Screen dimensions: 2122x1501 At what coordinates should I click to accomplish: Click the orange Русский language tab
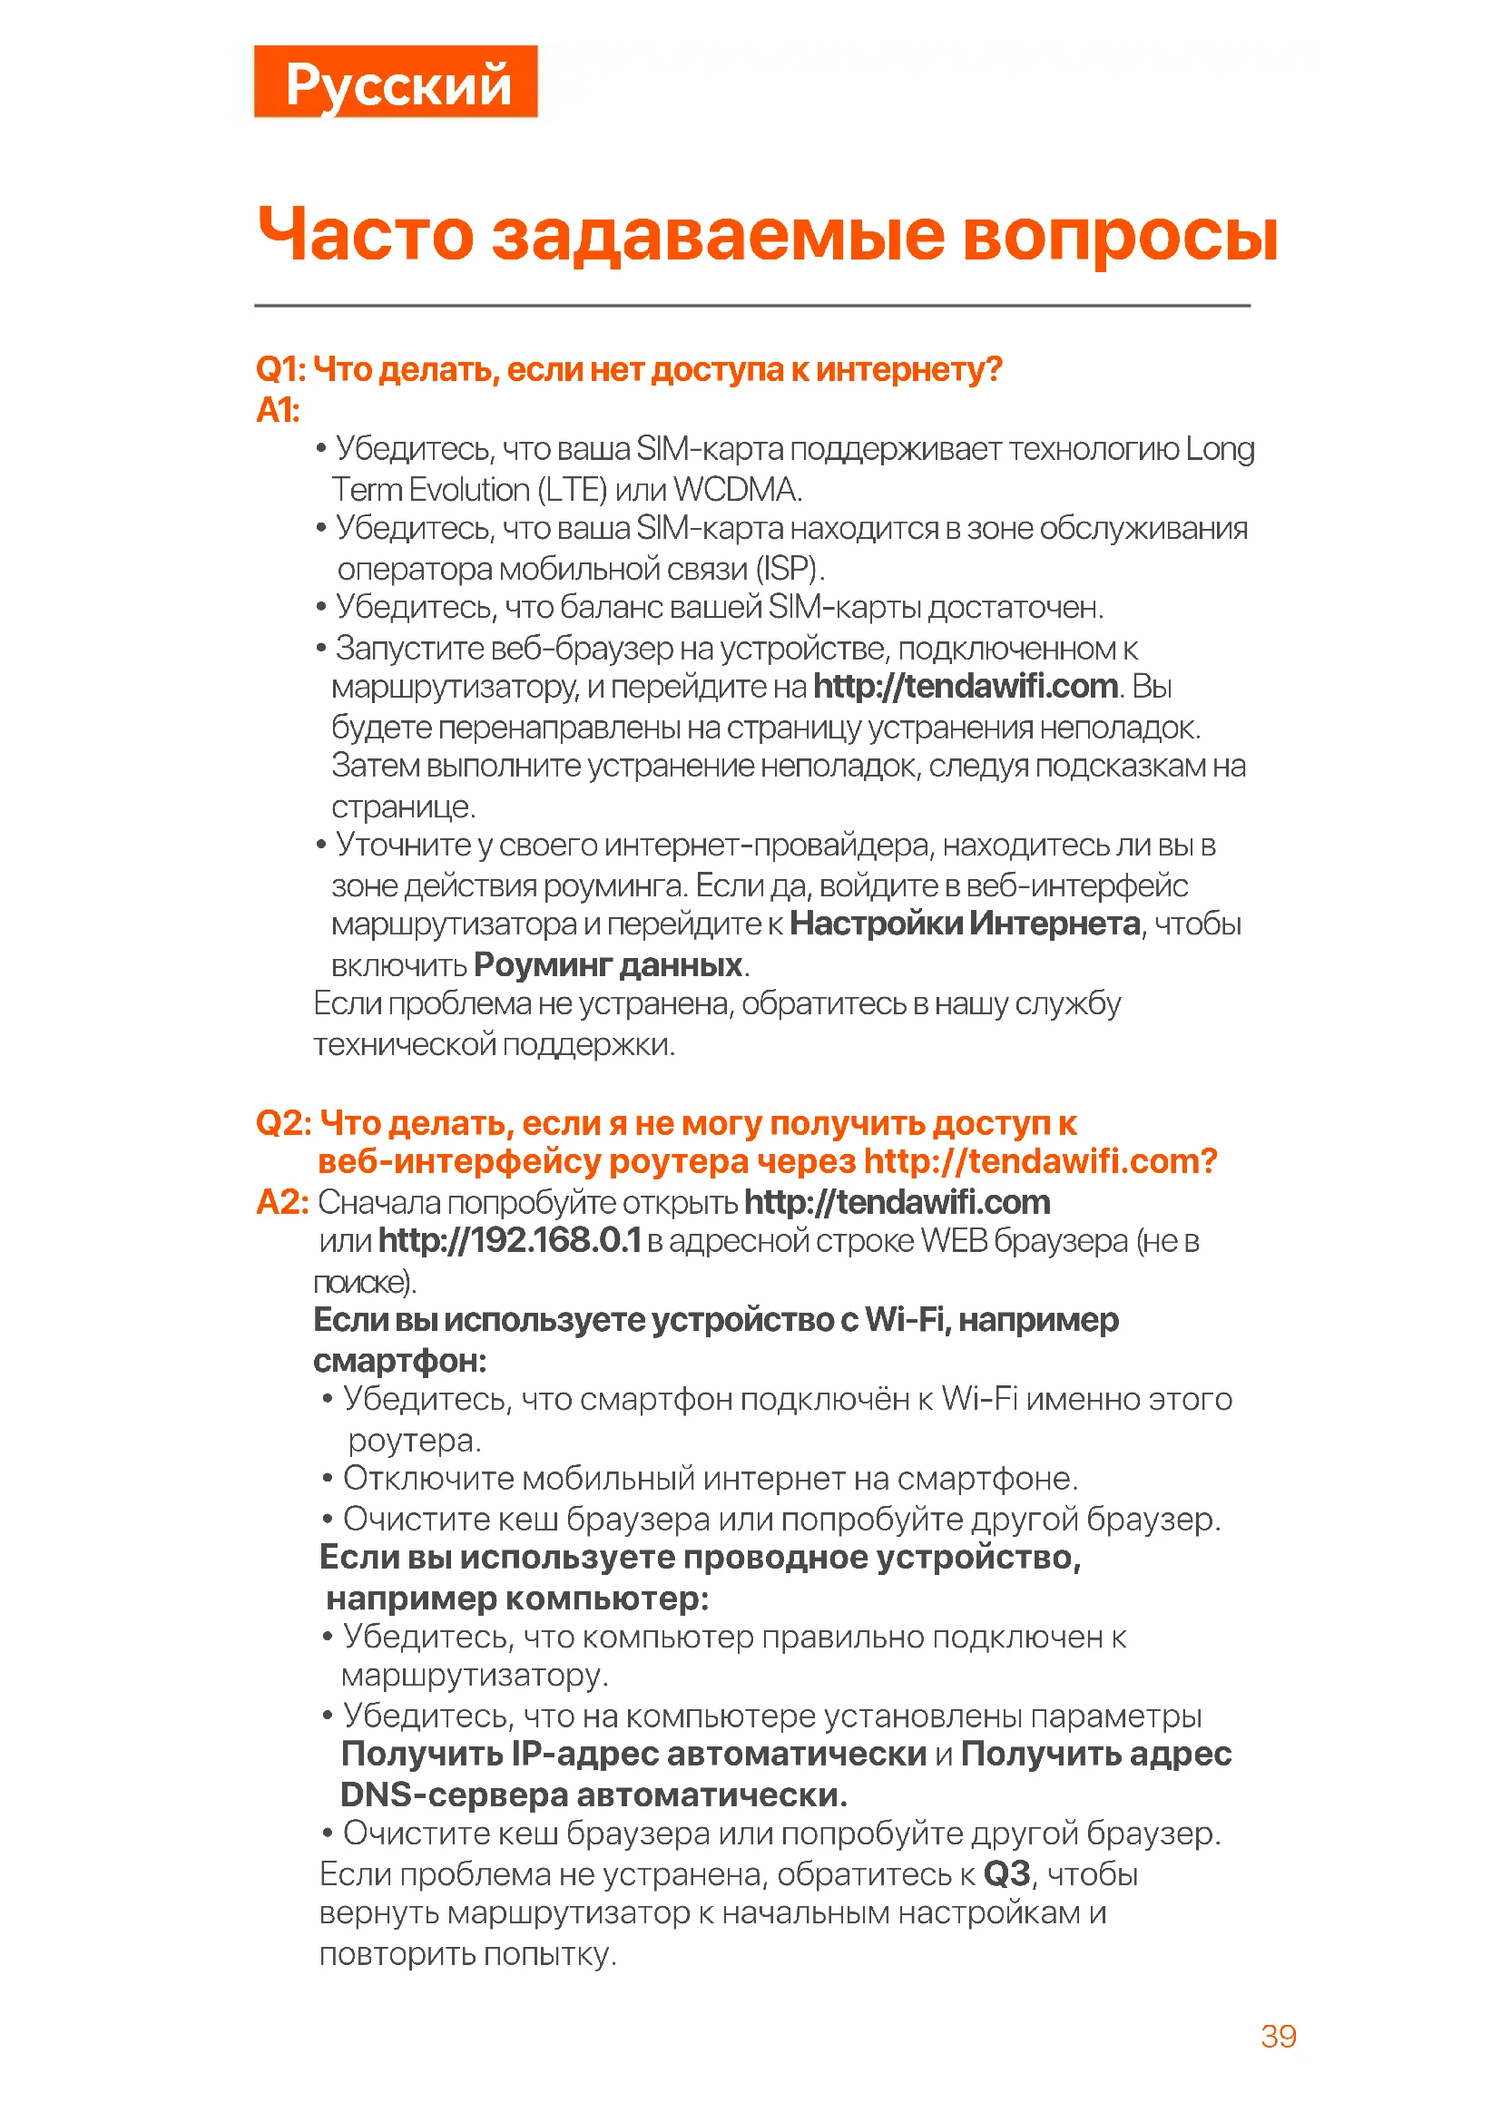[x=396, y=82]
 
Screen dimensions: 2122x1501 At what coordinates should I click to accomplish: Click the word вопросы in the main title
[x=1119, y=235]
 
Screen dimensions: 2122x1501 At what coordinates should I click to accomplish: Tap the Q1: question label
[x=281, y=368]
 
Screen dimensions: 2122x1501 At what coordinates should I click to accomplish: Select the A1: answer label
[x=278, y=409]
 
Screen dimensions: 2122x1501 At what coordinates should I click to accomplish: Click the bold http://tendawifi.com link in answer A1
[x=965, y=686]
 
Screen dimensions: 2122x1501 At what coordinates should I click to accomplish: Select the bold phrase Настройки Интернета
[x=965, y=924]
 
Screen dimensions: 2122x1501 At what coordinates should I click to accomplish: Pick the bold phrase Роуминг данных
[x=608, y=965]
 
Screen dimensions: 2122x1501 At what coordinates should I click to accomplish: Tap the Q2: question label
[x=284, y=1123]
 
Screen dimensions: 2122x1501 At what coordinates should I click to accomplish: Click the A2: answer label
[x=282, y=1202]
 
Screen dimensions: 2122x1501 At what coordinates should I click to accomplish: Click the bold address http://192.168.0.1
[x=509, y=1240]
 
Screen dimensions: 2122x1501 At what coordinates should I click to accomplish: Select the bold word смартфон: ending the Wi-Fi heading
[x=399, y=1361]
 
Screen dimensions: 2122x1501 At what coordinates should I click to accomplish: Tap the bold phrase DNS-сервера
[x=454, y=1794]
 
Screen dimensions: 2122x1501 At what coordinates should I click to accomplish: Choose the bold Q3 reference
[x=1006, y=1874]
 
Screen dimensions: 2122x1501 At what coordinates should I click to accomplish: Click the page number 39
[x=1279, y=2036]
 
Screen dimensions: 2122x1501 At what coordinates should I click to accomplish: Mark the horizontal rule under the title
[x=751, y=305]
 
